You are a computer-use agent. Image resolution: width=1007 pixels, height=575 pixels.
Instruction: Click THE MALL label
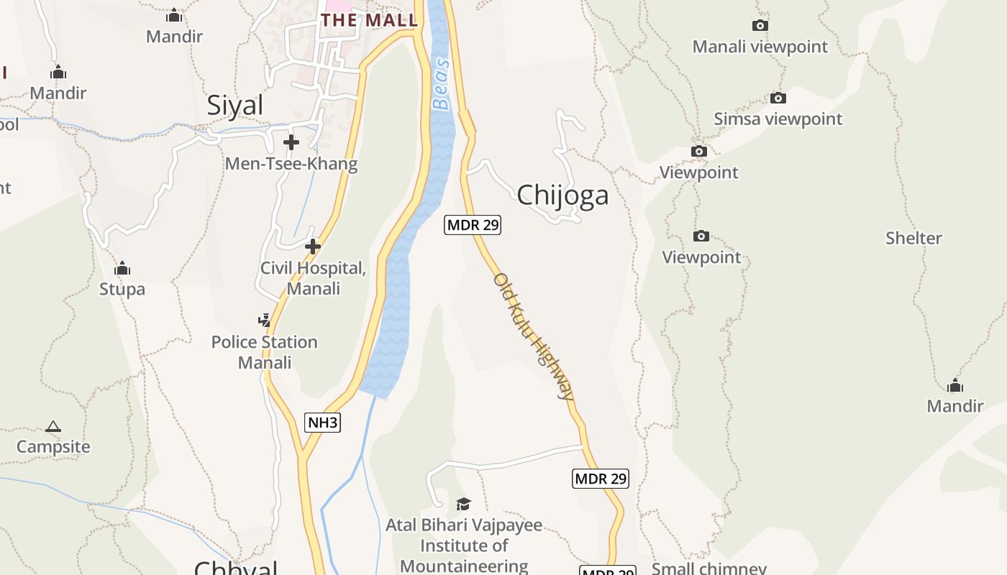pos(369,20)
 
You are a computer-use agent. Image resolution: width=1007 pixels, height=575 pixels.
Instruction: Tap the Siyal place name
pos(235,106)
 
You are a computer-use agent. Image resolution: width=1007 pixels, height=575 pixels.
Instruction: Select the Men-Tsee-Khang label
pos(291,164)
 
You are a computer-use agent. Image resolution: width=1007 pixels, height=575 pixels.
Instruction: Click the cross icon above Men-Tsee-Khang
pos(291,142)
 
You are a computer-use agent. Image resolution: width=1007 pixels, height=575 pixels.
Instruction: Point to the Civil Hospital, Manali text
pos(314,278)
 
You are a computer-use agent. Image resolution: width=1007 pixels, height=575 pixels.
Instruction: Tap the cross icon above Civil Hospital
pos(312,247)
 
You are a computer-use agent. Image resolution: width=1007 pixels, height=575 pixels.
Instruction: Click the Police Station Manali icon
pos(265,321)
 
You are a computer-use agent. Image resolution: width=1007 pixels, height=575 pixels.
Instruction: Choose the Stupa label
pos(122,289)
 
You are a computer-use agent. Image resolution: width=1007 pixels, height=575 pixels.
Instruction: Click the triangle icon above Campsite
pos(53,426)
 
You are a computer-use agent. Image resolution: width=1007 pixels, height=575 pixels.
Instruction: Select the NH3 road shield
pos(322,423)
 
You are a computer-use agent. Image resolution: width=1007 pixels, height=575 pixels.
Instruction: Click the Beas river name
pos(442,85)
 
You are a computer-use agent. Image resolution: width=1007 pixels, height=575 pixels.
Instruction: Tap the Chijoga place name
pos(562,195)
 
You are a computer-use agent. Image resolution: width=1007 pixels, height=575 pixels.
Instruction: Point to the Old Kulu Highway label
pos(534,336)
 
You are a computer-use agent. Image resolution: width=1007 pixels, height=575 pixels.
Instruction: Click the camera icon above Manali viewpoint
pos(760,26)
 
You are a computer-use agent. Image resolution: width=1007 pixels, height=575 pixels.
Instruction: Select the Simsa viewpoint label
pos(778,119)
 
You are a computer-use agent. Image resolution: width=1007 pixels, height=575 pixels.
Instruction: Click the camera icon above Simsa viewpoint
pos(778,98)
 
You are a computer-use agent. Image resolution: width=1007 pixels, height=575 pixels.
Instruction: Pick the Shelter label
pos(913,238)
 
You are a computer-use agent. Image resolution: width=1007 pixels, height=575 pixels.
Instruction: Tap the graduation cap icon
pos(463,504)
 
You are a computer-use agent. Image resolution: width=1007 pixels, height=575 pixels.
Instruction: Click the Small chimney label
pos(708,569)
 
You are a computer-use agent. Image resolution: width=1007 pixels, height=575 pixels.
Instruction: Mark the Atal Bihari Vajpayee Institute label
pos(464,546)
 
